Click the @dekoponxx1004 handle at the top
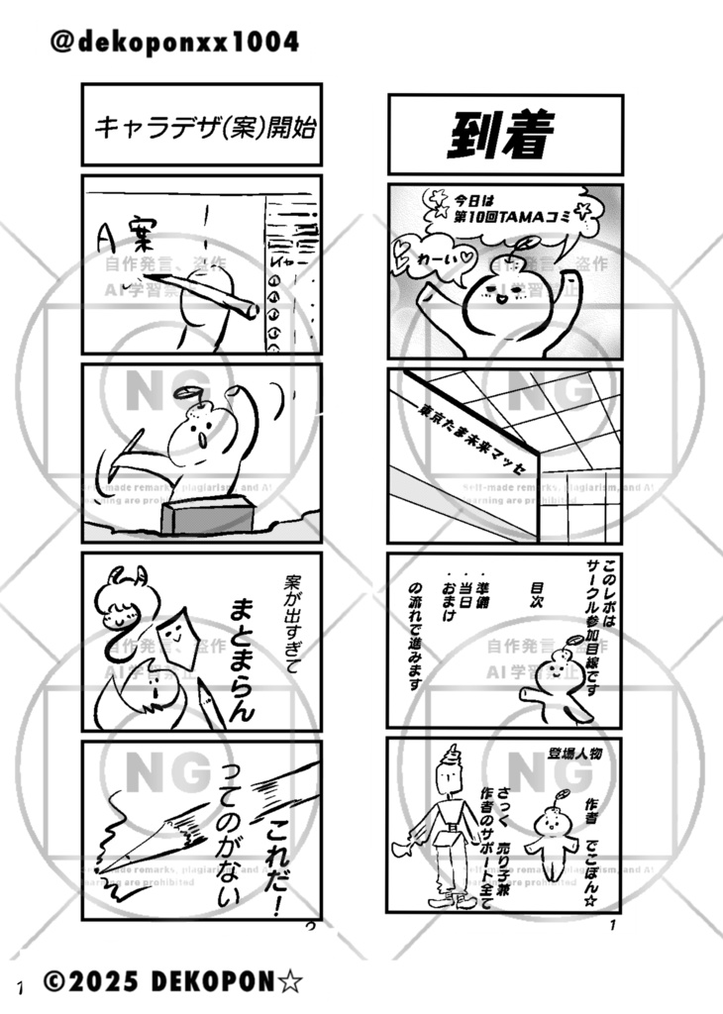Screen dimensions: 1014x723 pyautogui.click(x=173, y=43)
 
